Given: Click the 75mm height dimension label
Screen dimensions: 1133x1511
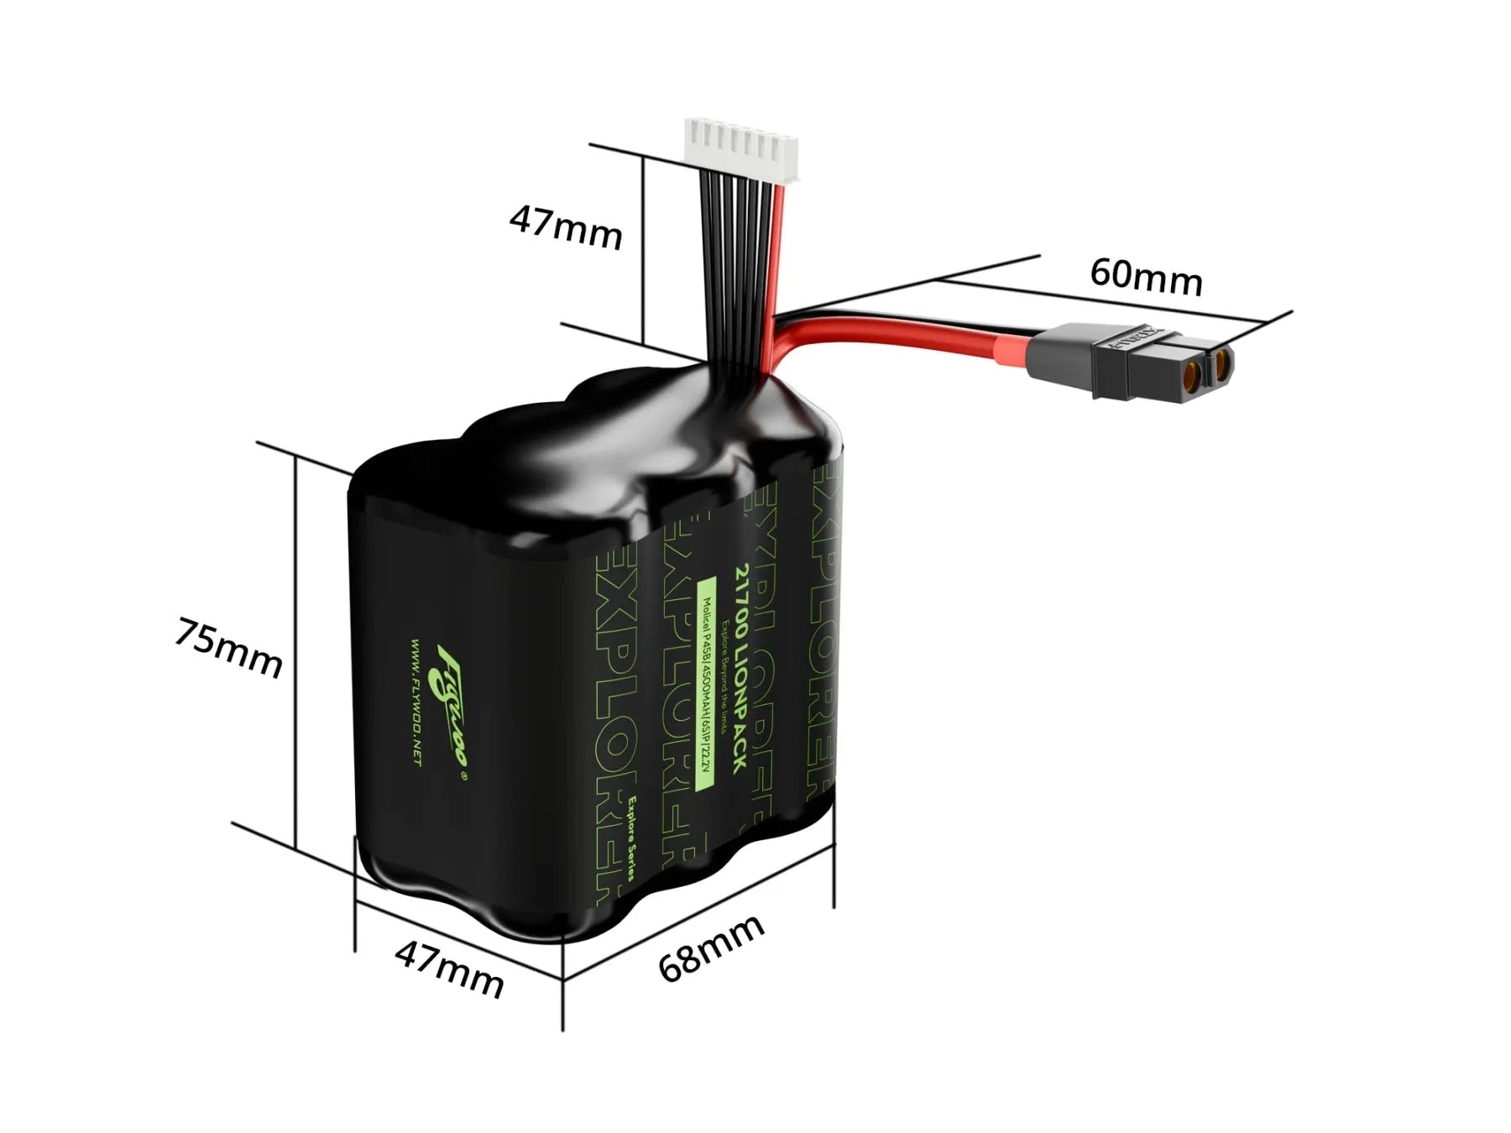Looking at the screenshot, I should (228, 647).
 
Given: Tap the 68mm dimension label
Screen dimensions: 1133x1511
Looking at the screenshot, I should (711, 948).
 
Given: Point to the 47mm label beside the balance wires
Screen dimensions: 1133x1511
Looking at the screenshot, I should (566, 226).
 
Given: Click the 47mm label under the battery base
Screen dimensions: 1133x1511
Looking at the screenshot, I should (449, 969).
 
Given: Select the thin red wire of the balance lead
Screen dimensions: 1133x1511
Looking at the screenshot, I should (780, 252).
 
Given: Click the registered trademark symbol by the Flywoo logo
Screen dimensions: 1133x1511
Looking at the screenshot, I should (463, 776).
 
